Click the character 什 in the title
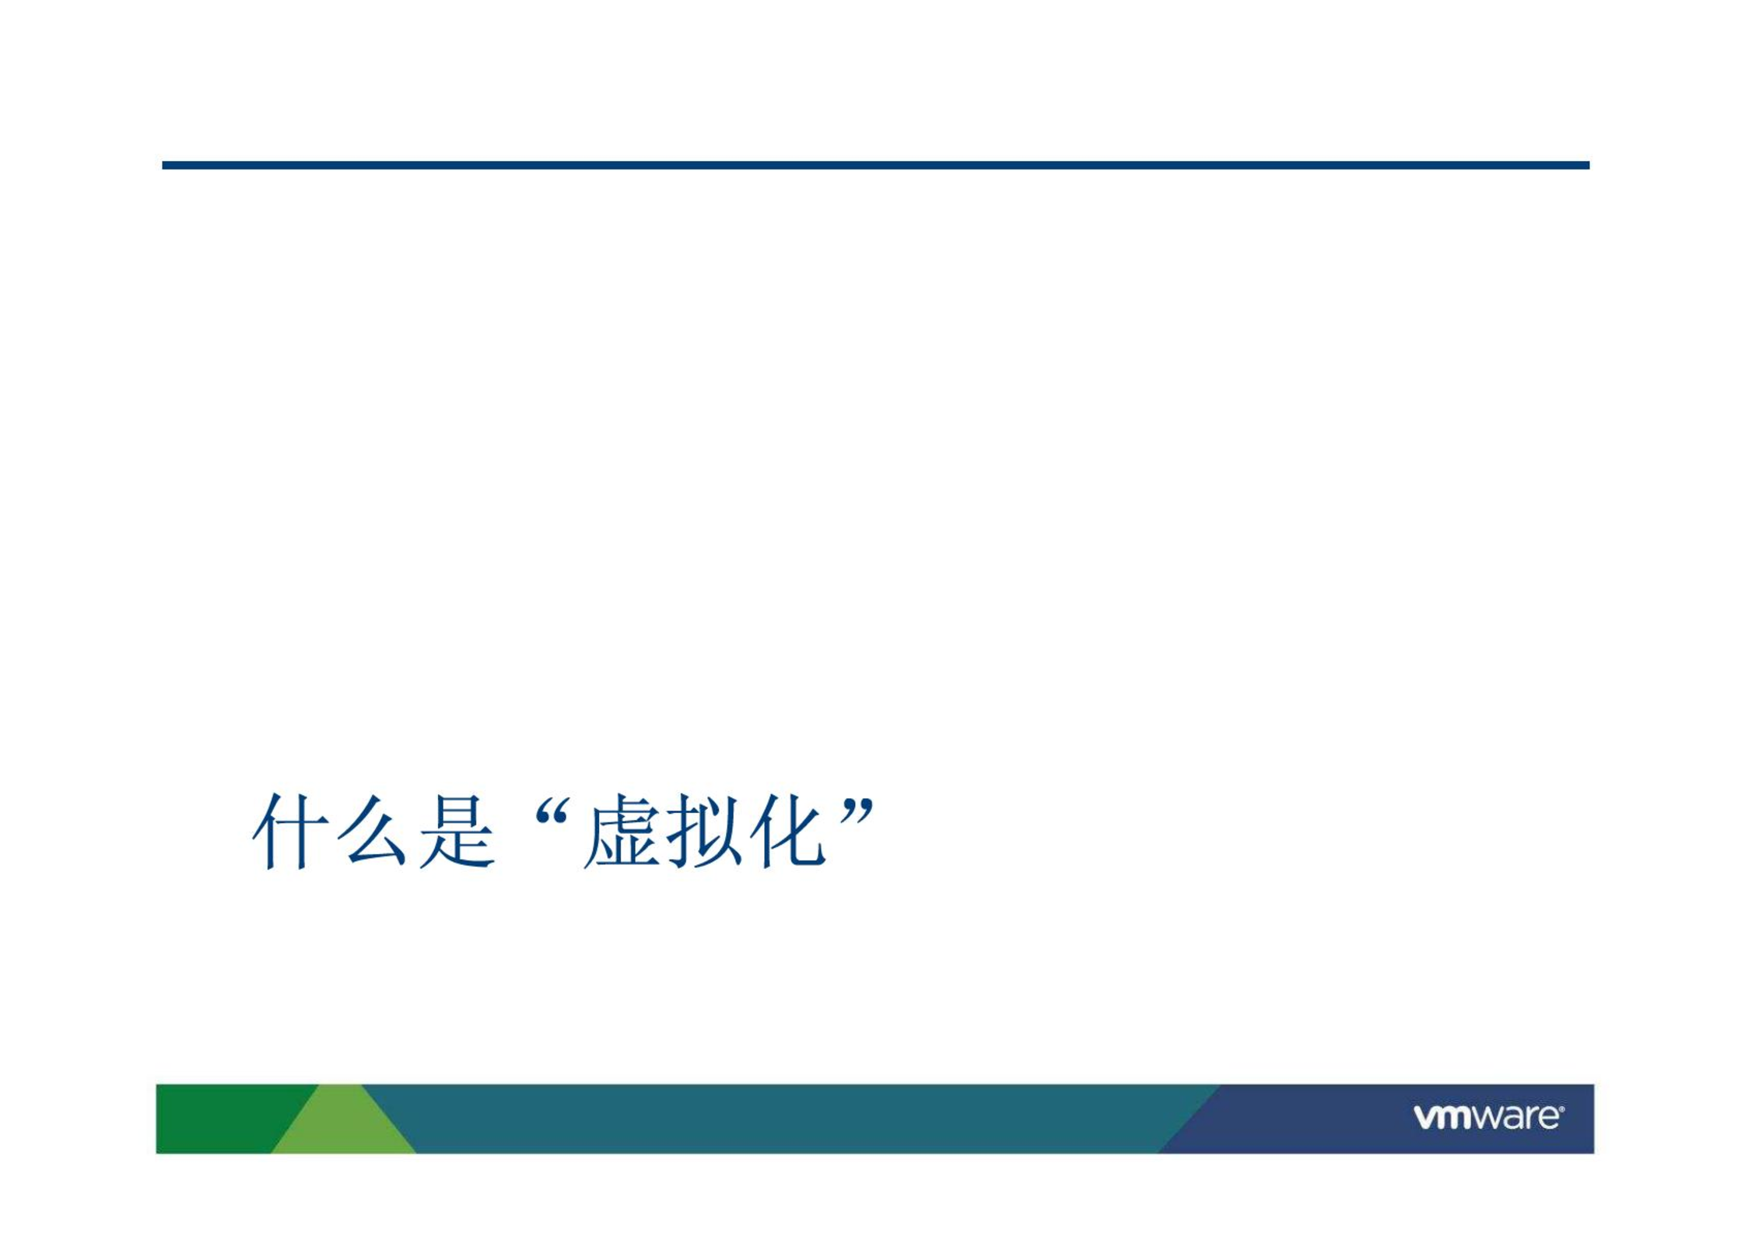tap(290, 832)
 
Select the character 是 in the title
tap(457, 832)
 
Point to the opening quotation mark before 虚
tap(553, 811)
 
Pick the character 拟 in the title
tap(706, 832)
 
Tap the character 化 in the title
tap(788, 832)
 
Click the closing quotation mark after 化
tap(859, 811)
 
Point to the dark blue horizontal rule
tap(875, 165)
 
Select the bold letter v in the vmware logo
tap(1424, 1118)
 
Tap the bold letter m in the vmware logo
tap(1454, 1118)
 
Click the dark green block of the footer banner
tap(226, 1119)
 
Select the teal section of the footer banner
tap(786, 1119)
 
